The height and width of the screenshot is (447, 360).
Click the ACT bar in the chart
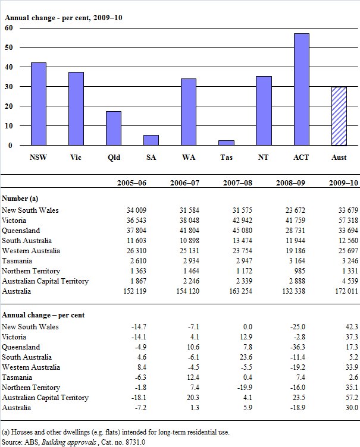pyautogui.click(x=301, y=89)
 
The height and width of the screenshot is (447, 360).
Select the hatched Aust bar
pyautogui.click(x=339, y=116)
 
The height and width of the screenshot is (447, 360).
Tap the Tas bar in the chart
pyautogui.click(x=226, y=143)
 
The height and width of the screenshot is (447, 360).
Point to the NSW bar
pyautogui.click(x=38, y=104)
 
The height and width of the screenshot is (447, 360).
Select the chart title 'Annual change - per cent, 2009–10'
pyautogui.click(x=64, y=17)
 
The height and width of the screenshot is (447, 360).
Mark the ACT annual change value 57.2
pyautogui.click(x=350, y=397)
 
